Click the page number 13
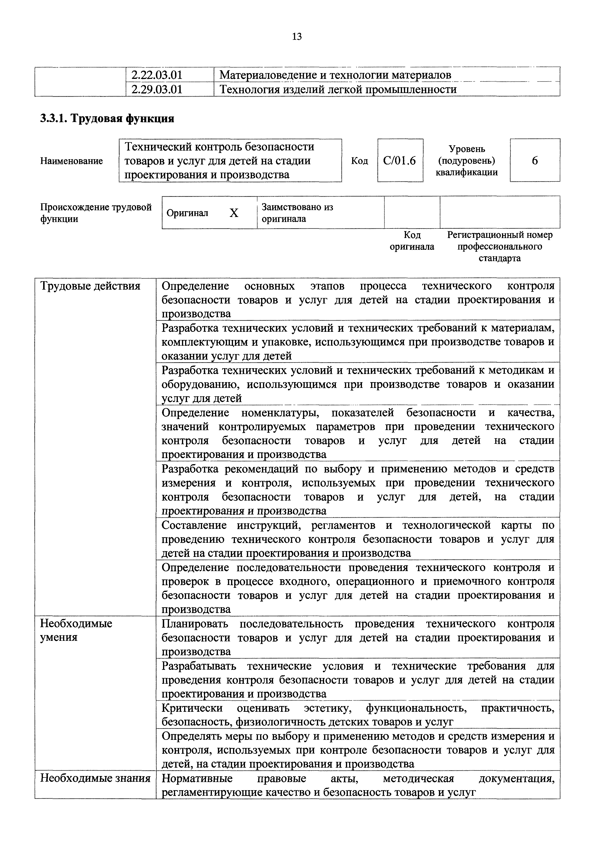[297, 37]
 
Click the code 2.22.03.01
[157, 75]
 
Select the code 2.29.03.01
[157, 89]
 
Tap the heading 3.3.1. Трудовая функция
[107, 118]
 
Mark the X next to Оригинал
[234, 213]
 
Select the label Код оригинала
[412, 241]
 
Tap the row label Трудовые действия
[90, 286]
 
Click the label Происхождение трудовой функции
[96, 213]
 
